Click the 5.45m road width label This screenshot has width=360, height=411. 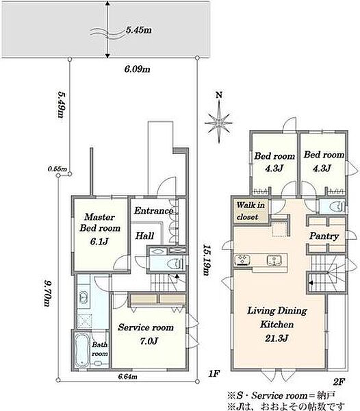pos(138,30)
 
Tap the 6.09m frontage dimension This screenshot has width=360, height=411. pos(137,69)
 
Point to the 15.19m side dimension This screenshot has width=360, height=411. pos(207,260)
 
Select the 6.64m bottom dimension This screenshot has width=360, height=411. pos(127,377)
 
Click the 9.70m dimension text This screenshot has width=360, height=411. pos(48,293)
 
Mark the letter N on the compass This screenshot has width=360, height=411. pos(219,95)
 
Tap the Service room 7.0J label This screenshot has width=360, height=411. pos(146,334)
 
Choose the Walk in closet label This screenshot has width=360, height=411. pos(250,211)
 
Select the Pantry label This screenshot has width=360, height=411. pos(324,236)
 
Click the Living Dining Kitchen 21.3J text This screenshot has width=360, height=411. pos(277,324)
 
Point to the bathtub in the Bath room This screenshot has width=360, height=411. pos(81,349)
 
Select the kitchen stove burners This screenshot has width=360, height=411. pos(242,260)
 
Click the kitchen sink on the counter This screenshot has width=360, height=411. pos(274,260)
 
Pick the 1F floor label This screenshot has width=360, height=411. pos(214,373)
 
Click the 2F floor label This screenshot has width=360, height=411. pos(338,382)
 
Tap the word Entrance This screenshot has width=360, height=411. pos(154,211)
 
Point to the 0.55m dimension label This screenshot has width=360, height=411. pos(57,169)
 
